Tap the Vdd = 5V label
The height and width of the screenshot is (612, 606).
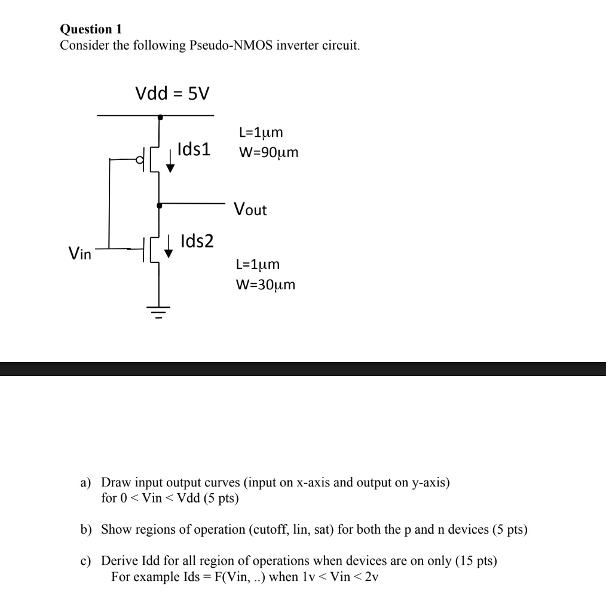click(x=173, y=93)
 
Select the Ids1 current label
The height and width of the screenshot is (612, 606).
click(x=194, y=149)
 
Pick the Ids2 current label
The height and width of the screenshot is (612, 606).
click(x=197, y=241)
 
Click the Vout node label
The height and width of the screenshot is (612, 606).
click(x=250, y=210)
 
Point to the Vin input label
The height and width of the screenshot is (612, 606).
click(x=80, y=254)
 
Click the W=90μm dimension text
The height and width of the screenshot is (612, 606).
click(x=268, y=152)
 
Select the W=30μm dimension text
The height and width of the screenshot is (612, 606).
click(x=266, y=284)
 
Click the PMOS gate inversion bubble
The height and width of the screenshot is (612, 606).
click(x=140, y=160)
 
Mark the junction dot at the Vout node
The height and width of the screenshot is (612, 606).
click(x=159, y=205)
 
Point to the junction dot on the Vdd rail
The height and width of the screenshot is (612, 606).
click(x=159, y=118)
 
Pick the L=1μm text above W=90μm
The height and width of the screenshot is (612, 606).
click(x=261, y=132)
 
